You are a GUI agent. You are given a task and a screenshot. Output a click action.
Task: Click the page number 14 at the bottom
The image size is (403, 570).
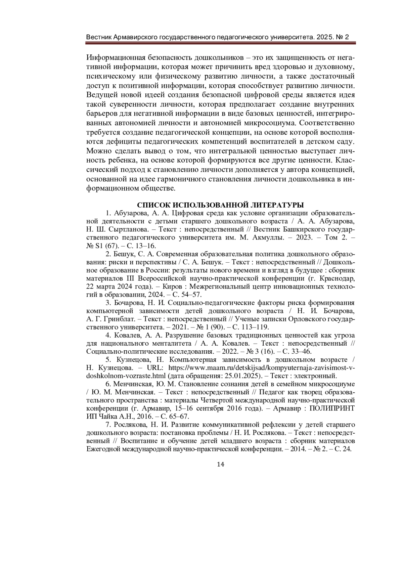coord(220,465)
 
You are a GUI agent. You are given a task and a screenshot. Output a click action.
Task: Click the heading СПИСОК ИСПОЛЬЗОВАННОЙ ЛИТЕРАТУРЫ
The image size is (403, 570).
coord(221,205)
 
